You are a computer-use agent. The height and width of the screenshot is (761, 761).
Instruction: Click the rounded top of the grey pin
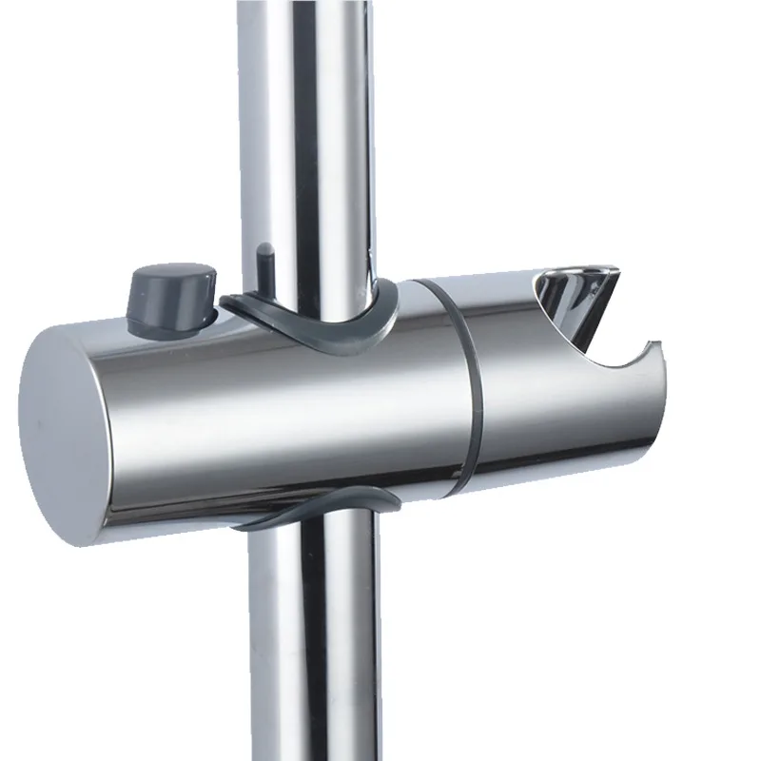pyautogui.click(x=263, y=249)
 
